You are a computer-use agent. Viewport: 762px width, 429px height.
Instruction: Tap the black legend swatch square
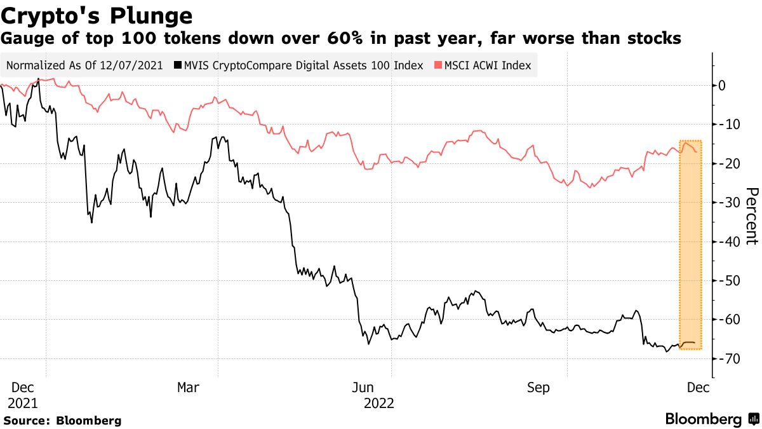(179, 65)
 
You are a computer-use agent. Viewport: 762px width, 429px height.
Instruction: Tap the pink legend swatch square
(438, 65)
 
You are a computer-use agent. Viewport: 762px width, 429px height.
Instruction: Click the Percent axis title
(751, 216)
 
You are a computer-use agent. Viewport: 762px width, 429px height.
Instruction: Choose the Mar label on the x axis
(189, 387)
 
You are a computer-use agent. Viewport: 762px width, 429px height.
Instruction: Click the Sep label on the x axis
(538, 387)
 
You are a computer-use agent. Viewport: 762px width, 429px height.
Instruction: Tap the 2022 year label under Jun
(379, 403)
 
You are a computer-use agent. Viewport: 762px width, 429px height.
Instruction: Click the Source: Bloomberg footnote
(62, 420)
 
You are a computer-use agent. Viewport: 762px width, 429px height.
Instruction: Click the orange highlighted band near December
(690, 245)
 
